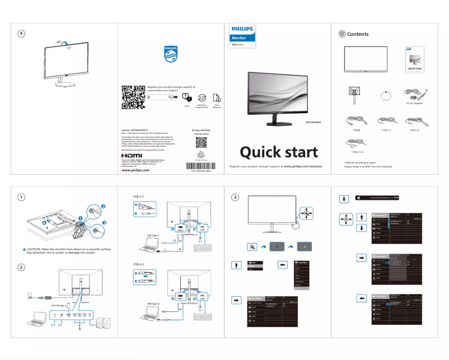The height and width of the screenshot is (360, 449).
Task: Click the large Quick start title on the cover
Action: [279, 152]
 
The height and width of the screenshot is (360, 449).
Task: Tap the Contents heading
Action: [358, 34]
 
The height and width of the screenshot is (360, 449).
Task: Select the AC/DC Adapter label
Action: [414, 104]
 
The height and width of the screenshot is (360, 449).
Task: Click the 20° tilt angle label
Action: [59, 42]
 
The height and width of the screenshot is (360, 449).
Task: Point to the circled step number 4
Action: [21, 34]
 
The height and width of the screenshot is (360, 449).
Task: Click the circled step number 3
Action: [236, 197]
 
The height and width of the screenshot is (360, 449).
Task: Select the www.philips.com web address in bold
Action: [135, 171]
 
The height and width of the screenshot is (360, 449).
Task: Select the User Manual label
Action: [217, 105]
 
